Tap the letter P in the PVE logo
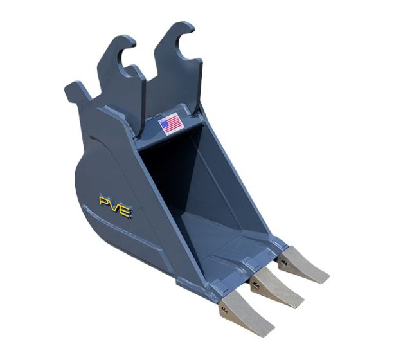point(103,201)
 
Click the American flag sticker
point(170,123)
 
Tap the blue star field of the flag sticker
point(165,125)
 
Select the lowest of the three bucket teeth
point(247,312)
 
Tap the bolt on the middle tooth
point(255,284)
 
